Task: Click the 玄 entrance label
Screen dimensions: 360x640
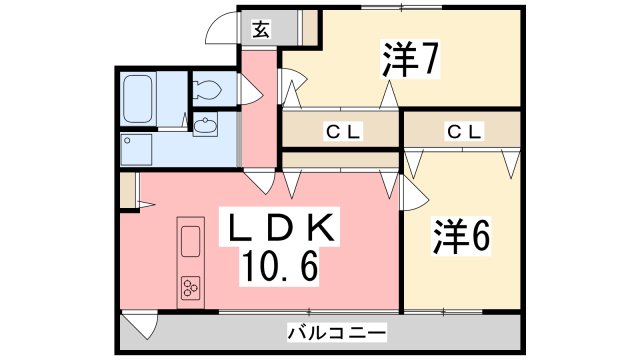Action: click(x=259, y=28)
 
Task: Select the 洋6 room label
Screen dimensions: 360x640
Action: click(x=461, y=236)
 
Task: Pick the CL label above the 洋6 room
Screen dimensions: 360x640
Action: click(x=463, y=131)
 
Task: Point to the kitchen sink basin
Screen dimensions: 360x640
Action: click(x=190, y=241)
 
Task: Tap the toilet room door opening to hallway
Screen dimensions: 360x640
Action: click(x=247, y=93)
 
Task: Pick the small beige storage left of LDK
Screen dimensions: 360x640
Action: click(x=127, y=190)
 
